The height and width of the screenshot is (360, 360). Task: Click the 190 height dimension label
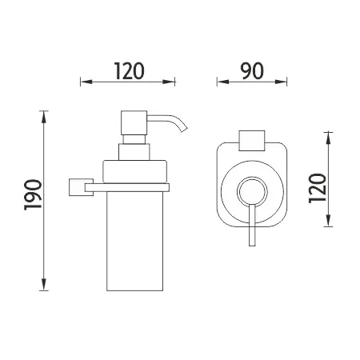[33, 195]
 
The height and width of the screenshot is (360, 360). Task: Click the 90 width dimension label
[252, 71]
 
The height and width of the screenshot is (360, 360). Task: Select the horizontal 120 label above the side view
[130, 71]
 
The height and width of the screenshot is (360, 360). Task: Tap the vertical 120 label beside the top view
[318, 188]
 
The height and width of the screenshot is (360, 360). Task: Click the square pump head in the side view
[134, 123]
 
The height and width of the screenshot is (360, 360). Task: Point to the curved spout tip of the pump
[184, 129]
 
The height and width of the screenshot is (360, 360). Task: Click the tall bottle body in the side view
[134, 241]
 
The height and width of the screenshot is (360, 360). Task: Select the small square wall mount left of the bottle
[77, 187]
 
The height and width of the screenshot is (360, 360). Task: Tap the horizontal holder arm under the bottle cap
[127, 187]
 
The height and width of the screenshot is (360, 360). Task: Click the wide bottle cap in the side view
[134, 171]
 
